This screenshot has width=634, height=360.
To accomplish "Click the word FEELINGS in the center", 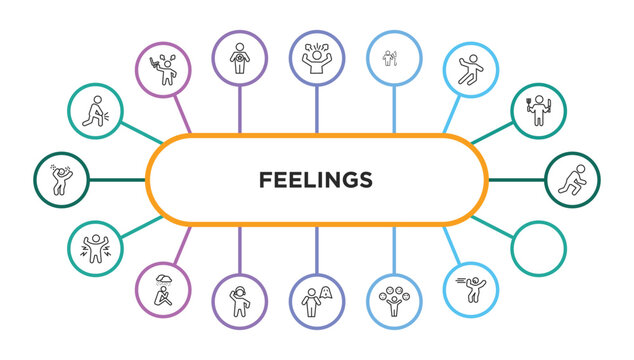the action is click(316, 180).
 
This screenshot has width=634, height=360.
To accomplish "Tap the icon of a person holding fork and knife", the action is click(538, 111).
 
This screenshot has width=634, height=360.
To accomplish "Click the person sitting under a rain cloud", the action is click(162, 287).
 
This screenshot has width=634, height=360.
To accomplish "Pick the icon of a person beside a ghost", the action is click(317, 297).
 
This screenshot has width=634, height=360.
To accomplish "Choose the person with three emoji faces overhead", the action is click(393, 297).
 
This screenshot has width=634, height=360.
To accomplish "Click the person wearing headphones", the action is click(240, 297).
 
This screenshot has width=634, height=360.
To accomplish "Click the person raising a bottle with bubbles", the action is click(162, 66).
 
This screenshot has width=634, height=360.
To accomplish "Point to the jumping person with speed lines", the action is click(470, 287).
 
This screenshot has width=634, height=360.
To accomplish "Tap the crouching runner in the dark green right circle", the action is click(573, 179).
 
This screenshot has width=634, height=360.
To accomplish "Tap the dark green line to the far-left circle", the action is click(116, 180).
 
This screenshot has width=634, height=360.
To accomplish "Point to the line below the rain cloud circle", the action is click(181, 246).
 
